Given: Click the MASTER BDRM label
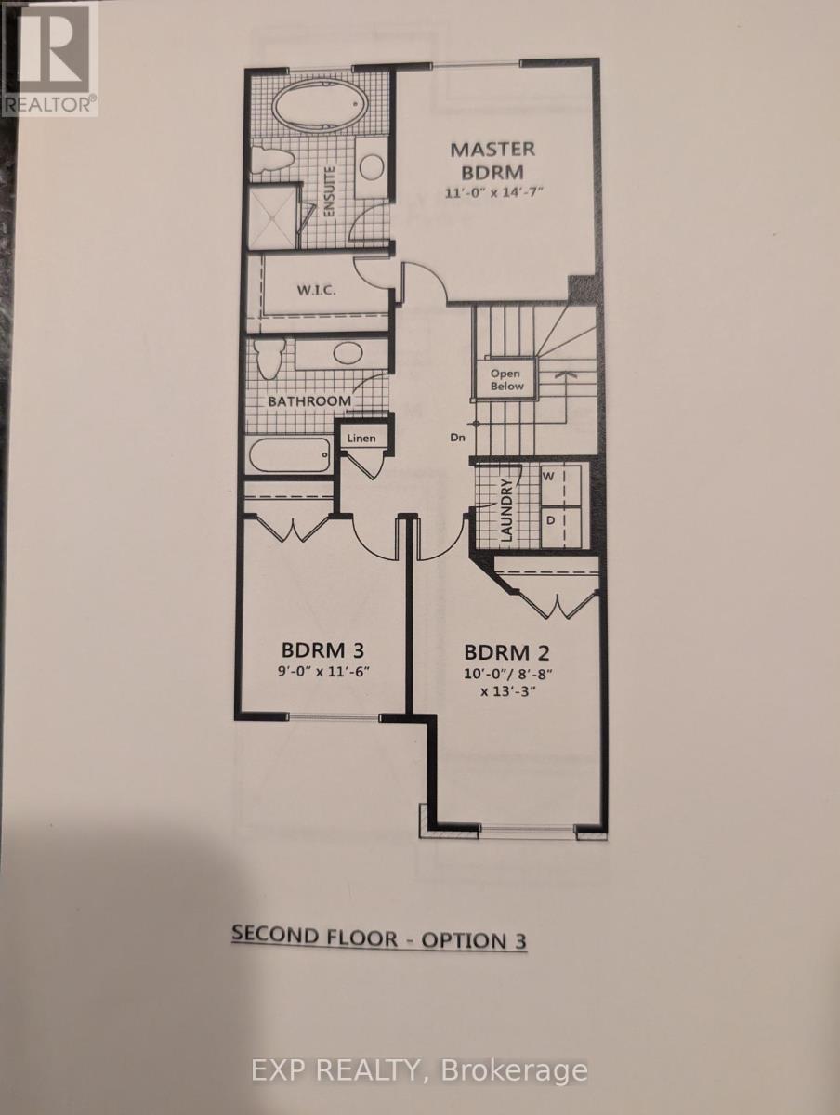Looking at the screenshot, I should click(492, 160).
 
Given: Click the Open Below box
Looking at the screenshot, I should click(507, 379).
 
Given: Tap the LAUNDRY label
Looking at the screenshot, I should click(507, 511).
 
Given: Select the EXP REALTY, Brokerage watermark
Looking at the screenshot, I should click(420, 1070).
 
